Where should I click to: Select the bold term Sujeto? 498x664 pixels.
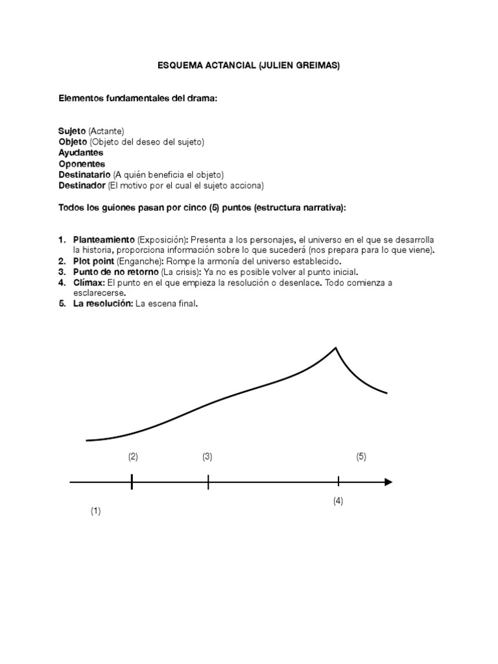tap(72, 131)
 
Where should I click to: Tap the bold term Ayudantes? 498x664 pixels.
tap(80, 153)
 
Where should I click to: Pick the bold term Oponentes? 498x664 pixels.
tap(82, 164)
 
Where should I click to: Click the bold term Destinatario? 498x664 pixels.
tap(84, 175)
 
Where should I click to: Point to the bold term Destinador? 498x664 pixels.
tap(82, 186)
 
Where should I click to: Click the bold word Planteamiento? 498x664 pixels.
tap(103, 239)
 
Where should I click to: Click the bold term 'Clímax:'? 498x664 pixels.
tap(89, 283)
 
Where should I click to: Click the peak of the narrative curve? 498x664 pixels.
tap(335, 349)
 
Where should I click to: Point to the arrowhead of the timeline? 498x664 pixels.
tap(388, 482)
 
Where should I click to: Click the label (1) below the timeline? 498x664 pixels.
tap(96, 511)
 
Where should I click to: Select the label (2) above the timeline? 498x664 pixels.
tap(133, 456)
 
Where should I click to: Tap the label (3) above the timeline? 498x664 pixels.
tap(207, 456)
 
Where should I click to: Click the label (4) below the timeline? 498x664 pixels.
tap(338, 501)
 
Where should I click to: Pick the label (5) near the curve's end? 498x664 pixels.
tap(361, 456)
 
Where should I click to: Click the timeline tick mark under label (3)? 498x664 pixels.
tap(208, 482)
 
